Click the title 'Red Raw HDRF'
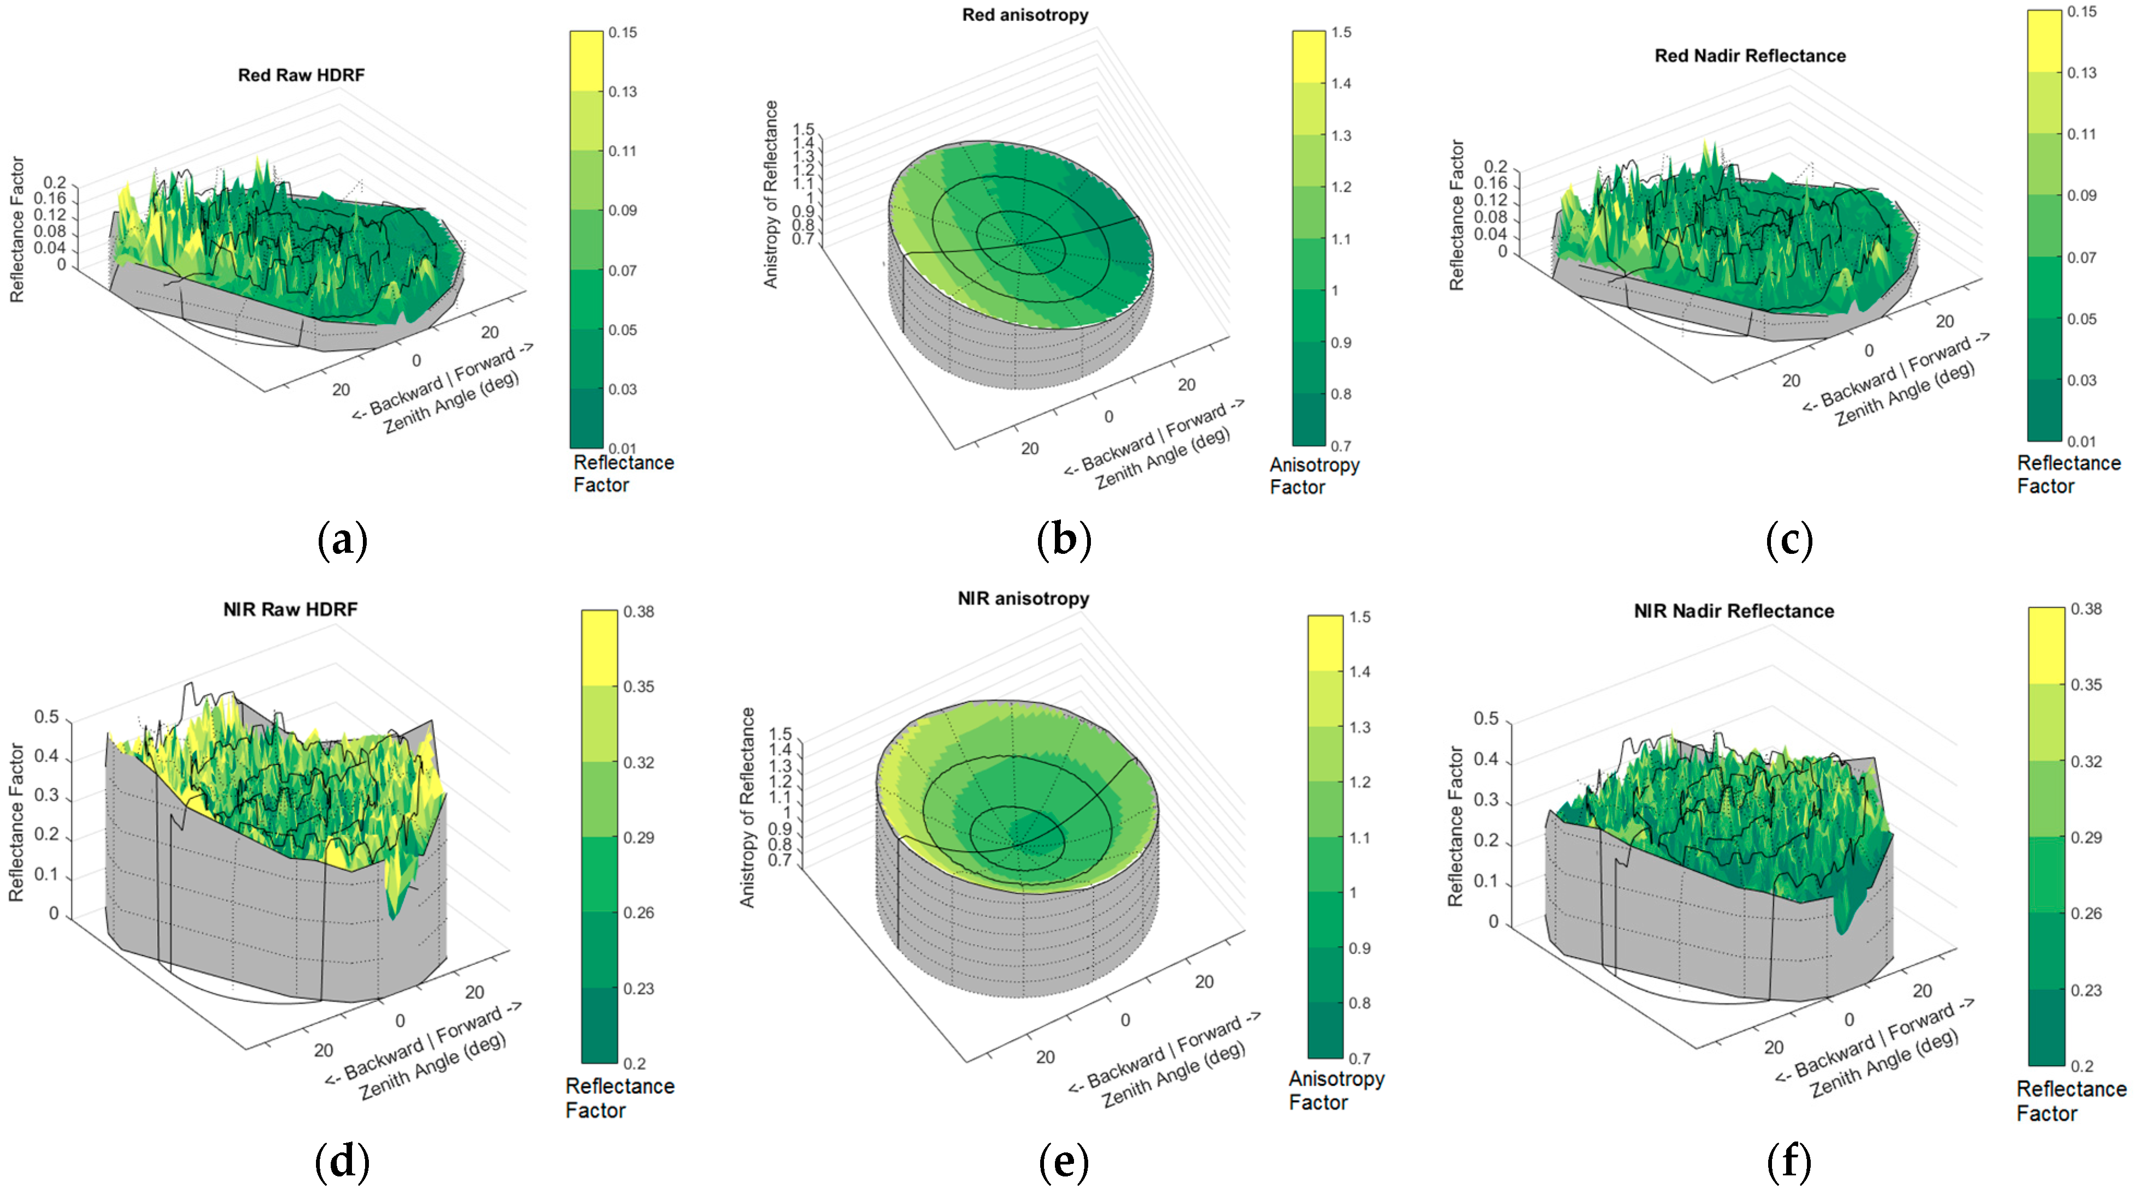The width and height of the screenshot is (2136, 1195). [x=301, y=75]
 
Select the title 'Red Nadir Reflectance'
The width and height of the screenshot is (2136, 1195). [x=1750, y=56]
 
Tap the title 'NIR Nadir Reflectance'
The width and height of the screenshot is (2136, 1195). [x=1733, y=611]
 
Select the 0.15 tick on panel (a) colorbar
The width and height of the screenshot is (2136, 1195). [x=622, y=32]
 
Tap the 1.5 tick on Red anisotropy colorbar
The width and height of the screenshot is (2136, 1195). [x=1341, y=32]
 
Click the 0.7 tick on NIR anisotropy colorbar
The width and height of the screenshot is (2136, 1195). [x=1359, y=1058]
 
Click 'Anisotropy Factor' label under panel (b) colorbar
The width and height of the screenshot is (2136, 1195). [x=1314, y=476]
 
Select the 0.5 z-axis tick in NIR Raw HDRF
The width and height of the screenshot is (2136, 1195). [x=46, y=716]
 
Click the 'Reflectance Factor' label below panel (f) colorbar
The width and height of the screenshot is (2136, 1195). [x=2071, y=1101]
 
